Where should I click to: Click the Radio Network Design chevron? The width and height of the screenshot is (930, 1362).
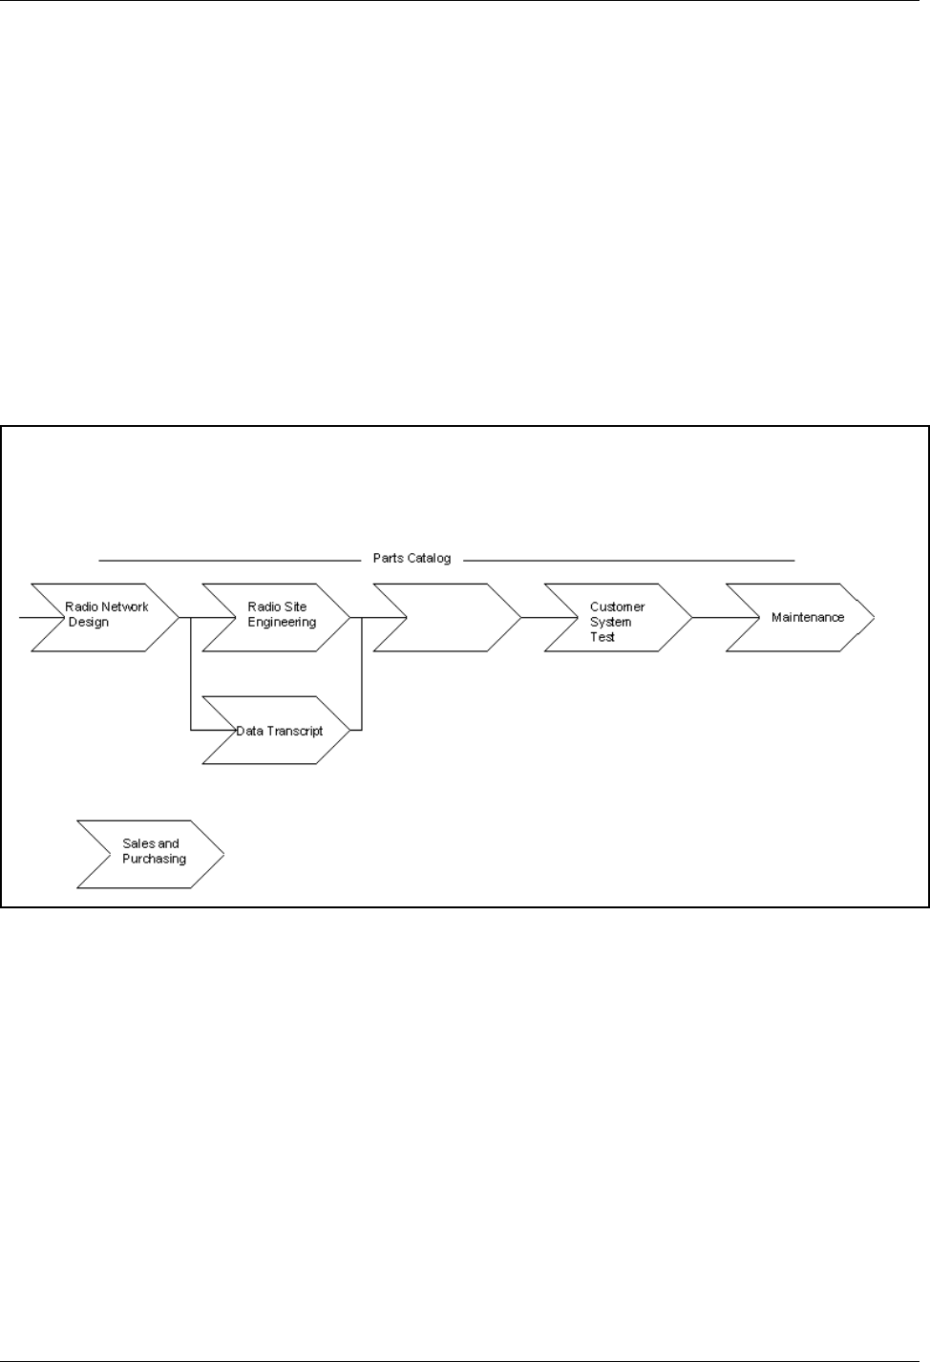105,617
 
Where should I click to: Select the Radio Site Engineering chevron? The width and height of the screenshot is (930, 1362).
277,617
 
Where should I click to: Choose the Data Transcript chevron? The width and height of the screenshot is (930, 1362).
277,731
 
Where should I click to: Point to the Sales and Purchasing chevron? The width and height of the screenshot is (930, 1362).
150,853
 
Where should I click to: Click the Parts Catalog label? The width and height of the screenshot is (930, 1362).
412,559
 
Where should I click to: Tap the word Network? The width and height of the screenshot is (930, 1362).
126,607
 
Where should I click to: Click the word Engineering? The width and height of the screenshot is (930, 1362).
282,623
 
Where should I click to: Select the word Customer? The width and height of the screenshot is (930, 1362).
617,607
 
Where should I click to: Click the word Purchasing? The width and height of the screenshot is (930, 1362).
154,860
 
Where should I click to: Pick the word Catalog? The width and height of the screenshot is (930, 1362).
430,559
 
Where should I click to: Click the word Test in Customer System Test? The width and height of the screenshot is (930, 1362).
602,637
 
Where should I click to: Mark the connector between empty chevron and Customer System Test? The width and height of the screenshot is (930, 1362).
532,617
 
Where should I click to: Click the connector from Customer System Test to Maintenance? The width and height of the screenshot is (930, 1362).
708,617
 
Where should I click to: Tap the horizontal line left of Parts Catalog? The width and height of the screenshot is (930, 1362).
229,559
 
